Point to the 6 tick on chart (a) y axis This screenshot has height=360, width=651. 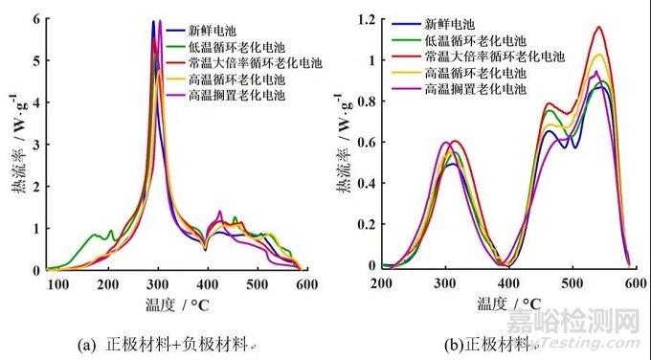pos(34,19)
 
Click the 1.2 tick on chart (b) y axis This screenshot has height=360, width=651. pos(365,19)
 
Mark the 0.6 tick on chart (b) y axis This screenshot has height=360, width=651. pos(365,143)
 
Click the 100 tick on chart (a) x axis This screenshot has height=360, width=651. pos(58,284)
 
